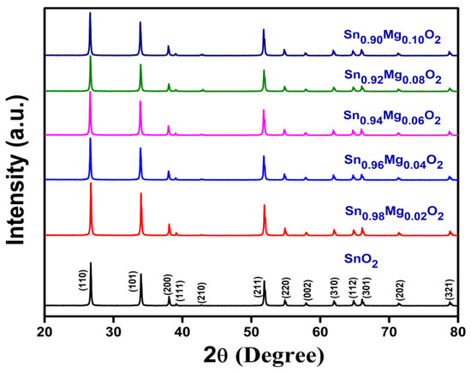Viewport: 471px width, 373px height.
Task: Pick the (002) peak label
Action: [307, 287]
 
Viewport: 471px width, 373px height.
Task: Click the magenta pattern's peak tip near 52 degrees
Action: [264, 110]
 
